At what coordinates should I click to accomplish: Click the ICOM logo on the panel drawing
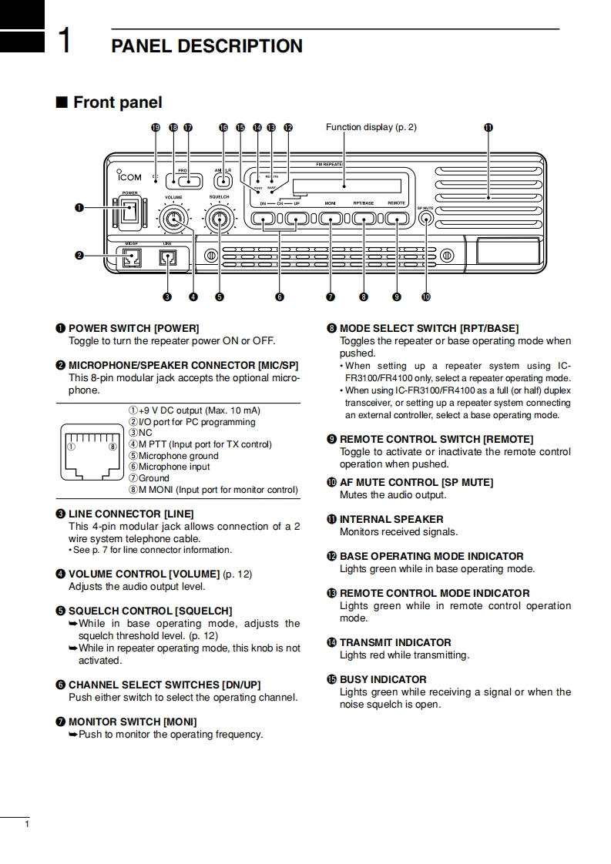click(125, 176)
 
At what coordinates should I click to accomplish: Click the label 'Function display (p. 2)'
click(371, 127)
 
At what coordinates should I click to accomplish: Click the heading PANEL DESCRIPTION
click(207, 46)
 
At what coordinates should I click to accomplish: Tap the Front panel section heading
click(117, 102)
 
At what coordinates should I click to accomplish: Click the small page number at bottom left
click(27, 825)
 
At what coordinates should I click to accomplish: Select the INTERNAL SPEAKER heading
click(391, 519)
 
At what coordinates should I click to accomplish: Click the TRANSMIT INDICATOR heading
click(395, 642)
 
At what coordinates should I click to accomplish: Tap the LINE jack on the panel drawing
click(168, 259)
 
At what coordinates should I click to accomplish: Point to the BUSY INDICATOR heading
click(383, 679)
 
